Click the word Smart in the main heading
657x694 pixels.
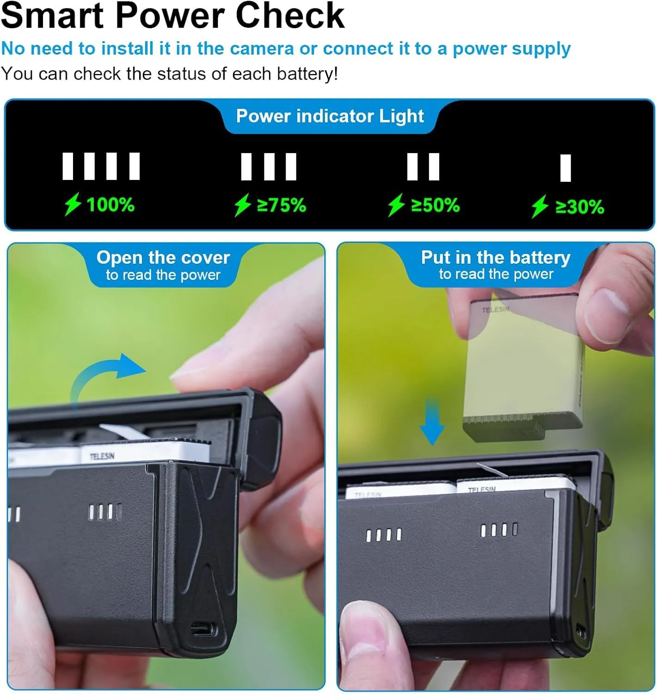click(x=52, y=16)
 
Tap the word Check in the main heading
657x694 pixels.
click(x=290, y=16)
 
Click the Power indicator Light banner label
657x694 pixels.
click(x=330, y=116)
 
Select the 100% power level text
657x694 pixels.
click(x=111, y=205)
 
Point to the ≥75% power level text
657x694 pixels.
click(x=281, y=205)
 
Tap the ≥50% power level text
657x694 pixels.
click(x=436, y=205)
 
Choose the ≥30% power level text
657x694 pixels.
click(x=580, y=207)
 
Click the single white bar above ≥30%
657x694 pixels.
click(x=565, y=168)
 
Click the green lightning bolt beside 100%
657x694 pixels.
click(x=73, y=204)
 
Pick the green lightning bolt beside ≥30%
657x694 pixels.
click(x=540, y=206)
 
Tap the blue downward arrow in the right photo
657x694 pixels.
click(x=432, y=421)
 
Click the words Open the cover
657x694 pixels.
click(x=163, y=258)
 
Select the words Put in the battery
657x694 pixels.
click(x=495, y=257)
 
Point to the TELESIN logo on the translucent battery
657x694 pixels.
click(x=496, y=310)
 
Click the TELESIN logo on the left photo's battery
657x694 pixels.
click(x=102, y=457)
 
